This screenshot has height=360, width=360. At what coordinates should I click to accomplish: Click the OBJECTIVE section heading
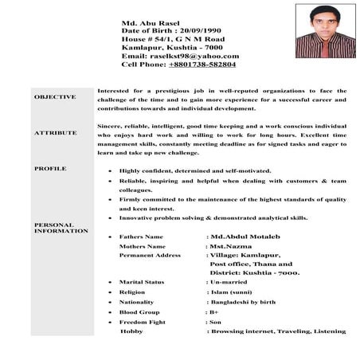coord(56,96)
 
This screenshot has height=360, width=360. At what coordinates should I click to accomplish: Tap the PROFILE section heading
coord(50,169)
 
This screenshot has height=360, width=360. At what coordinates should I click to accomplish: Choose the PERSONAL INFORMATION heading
coord(61,228)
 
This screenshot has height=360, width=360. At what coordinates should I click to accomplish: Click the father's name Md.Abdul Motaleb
coord(246,237)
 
